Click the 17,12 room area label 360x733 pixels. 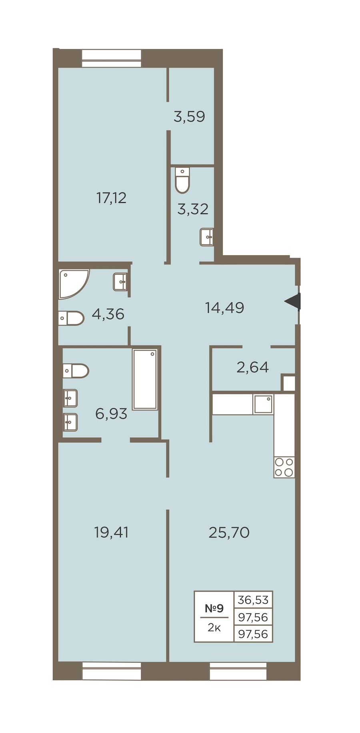point(111,198)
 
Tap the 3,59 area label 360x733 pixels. point(189,116)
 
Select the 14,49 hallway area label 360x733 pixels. point(224,308)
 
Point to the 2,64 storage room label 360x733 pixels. point(252,367)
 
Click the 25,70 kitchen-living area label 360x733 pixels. point(229,533)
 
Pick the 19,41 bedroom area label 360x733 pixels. point(111,533)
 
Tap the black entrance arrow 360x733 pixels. point(292,301)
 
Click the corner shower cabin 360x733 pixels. point(74,284)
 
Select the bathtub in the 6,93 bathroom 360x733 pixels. point(145,379)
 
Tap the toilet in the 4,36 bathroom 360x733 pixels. point(71,318)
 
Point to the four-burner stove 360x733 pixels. point(284,467)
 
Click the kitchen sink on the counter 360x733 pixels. point(263,405)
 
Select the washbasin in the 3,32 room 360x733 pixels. point(206,237)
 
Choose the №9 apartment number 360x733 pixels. point(214,609)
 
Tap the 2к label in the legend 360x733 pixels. point(214,628)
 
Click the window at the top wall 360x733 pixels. point(112,58)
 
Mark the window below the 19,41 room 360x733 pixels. point(112,671)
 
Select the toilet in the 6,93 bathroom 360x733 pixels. point(76,371)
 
